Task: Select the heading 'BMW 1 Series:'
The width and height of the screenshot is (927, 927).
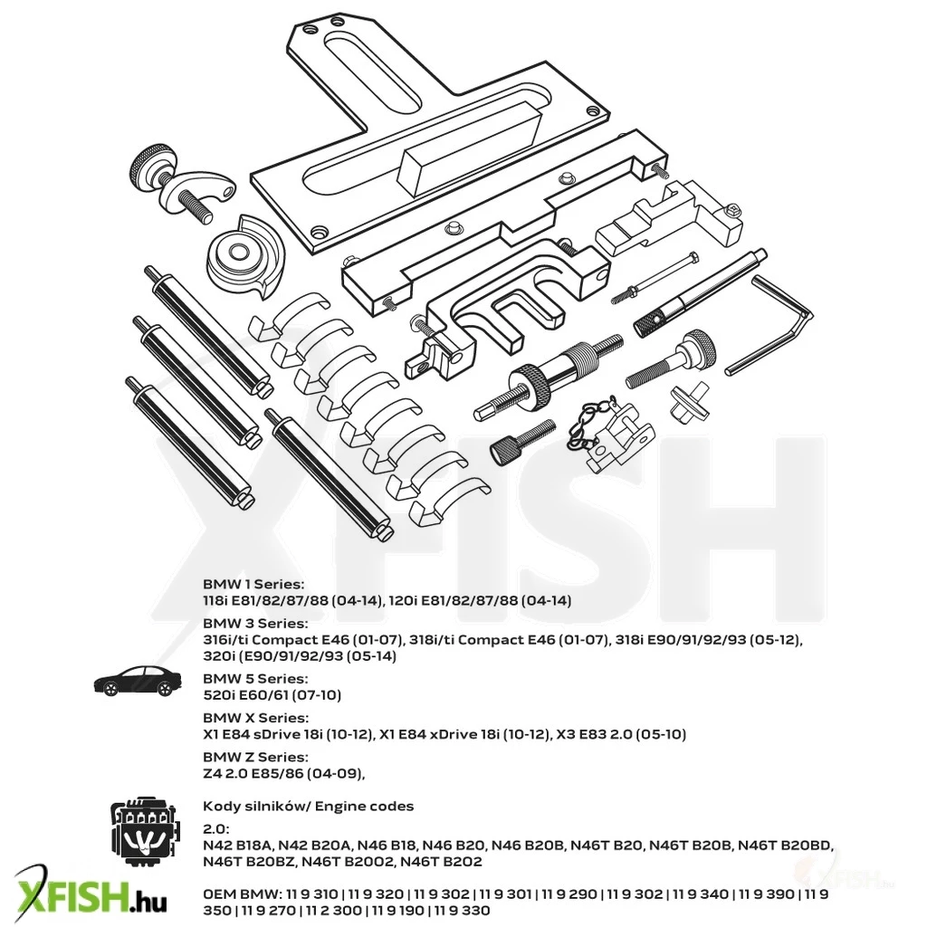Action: (253, 584)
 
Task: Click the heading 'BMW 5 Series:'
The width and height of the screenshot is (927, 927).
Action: (255, 679)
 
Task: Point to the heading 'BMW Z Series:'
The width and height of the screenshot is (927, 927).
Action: (255, 757)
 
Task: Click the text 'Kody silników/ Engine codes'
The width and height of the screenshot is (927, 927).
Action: (308, 807)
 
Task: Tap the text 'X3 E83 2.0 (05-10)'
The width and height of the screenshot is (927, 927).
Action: (621, 734)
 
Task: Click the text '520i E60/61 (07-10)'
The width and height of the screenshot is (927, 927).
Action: (272, 695)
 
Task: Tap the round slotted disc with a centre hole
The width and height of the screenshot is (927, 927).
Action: (244, 253)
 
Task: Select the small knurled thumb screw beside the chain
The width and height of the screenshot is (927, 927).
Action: (522, 442)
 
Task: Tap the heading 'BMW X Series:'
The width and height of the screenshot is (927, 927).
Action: (255, 718)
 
